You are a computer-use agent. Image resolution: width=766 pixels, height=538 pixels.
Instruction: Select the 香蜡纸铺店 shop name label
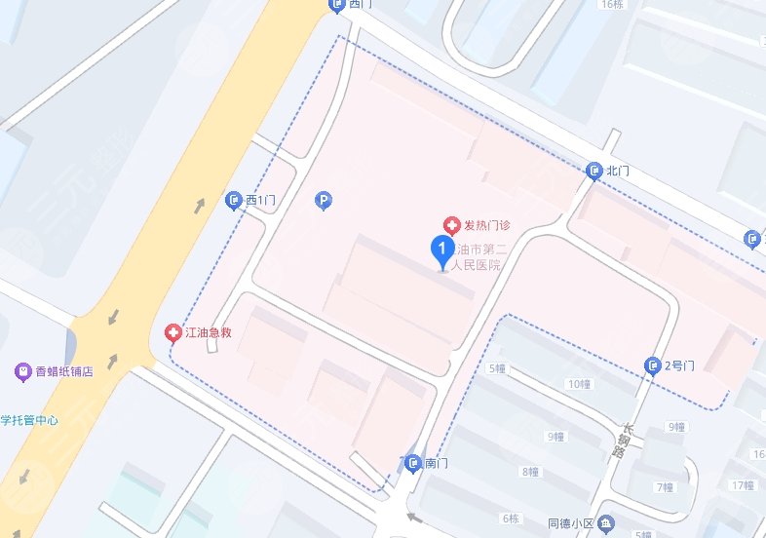tap(64, 371)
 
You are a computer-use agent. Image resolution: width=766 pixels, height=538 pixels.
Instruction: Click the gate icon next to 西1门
tap(234, 201)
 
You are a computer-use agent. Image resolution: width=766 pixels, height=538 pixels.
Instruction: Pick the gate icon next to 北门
tap(594, 172)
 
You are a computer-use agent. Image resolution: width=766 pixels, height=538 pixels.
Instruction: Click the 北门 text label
tap(618, 172)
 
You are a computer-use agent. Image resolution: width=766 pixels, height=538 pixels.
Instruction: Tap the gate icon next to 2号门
tap(653, 366)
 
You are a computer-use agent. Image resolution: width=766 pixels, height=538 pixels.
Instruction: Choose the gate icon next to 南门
tap(413, 463)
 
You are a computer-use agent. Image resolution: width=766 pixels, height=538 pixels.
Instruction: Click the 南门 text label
tap(437, 463)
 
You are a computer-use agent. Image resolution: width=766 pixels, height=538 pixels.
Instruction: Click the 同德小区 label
tap(572, 524)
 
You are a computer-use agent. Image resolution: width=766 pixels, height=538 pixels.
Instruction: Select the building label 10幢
tap(580, 383)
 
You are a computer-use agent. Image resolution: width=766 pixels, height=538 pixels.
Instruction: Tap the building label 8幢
tap(530, 472)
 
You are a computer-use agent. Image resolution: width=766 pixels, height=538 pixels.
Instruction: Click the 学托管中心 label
tap(29, 421)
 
